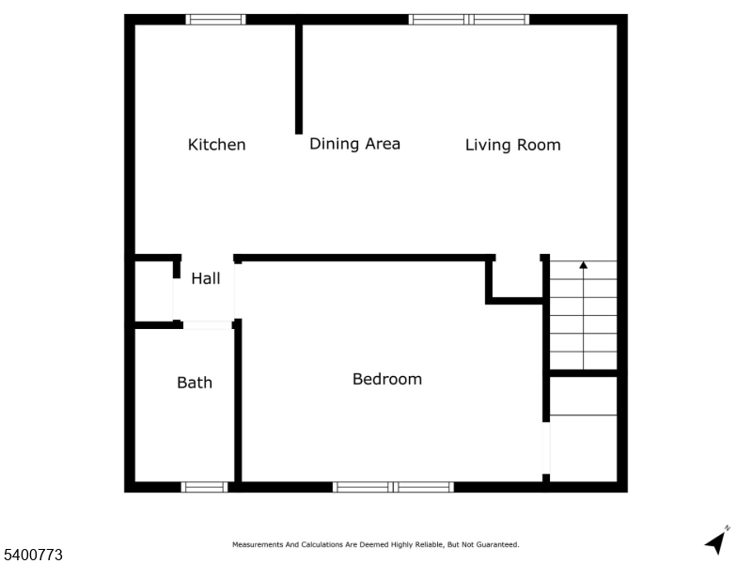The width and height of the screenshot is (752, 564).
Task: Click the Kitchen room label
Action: tap(216, 145)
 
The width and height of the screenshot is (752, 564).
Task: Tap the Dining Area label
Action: tap(354, 144)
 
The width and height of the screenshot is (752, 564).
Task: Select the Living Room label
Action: tap(512, 145)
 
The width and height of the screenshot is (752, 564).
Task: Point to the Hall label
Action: tap(206, 278)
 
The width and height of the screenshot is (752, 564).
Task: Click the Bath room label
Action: tap(195, 383)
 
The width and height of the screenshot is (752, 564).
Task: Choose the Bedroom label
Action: tap(386, 379)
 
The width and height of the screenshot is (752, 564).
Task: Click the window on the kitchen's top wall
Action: tap(215, 19)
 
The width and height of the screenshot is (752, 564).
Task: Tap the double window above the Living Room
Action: tap(468, 19)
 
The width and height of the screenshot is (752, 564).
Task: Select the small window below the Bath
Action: tap(204, 487)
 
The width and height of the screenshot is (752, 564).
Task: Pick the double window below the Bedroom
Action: tap(393, 487)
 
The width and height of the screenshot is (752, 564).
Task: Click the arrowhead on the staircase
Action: tap(583, 266)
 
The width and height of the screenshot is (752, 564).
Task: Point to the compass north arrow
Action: tap(717, 540)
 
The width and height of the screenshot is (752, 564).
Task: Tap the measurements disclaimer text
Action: tap(375, 544)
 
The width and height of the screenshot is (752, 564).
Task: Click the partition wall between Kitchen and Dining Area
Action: tap(299, 80)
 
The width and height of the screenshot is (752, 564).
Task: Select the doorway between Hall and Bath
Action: tap(207, 324)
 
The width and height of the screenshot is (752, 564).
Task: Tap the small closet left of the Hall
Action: tap(153, 291)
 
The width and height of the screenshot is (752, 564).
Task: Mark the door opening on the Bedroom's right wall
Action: tap(546, 448)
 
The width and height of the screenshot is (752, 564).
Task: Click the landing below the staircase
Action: tap(583, 429)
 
